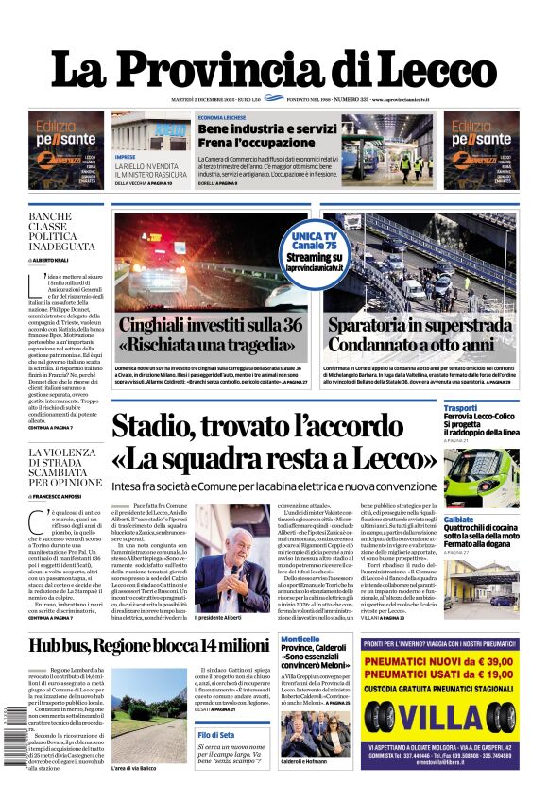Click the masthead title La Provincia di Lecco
(x=273, y=67)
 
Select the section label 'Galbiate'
(x=459, y=520)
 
